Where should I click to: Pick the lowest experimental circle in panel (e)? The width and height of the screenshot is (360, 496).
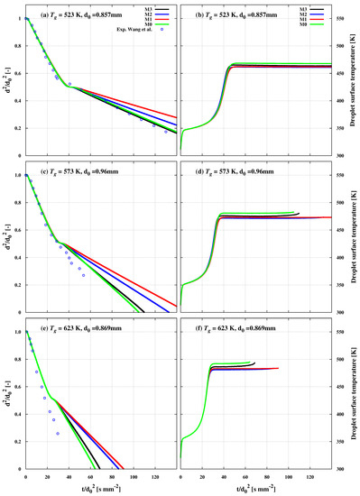pos(58,434)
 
